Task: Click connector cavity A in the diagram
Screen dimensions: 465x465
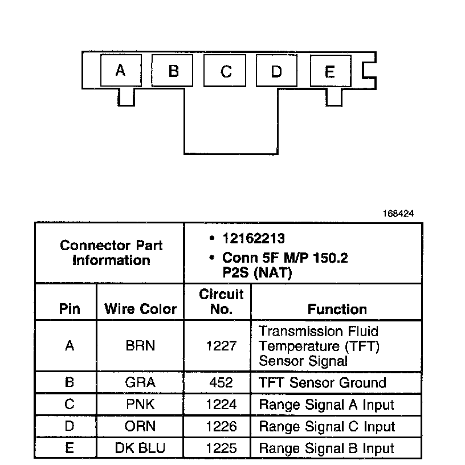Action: point(120,71)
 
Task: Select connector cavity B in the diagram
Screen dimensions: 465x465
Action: point(173,71)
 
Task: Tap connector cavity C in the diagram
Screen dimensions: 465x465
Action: point(226,71)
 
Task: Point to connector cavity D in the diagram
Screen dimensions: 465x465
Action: point(276,71)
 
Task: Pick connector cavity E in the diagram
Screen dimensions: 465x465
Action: point(329,71)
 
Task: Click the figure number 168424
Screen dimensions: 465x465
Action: point(398,214)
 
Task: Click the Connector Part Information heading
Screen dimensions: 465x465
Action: point(111,253)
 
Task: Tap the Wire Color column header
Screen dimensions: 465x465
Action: point(140,309)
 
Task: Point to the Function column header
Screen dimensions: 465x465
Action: point(337,309)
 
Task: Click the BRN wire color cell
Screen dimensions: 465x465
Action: point(140,346)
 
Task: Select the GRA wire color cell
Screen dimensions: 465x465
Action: point(140,383)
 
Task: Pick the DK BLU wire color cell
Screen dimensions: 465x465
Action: point(140,448)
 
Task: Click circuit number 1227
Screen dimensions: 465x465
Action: point(221,346)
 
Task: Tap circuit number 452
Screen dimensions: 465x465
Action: point(221,383)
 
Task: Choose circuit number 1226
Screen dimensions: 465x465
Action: point(221,427)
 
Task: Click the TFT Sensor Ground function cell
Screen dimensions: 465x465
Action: point(323,383)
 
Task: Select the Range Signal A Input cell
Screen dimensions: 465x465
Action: point(327,405)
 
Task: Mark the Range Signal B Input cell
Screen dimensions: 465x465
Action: point(327,448)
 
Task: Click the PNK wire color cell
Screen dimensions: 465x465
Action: point(140,405)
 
